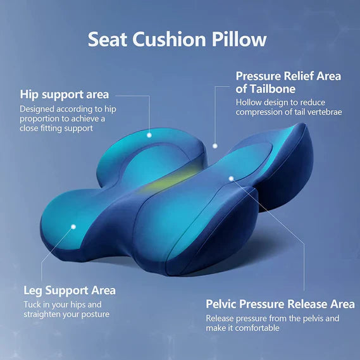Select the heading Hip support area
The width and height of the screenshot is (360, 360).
[x=64, y=94]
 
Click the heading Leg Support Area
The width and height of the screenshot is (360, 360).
[x=70, y=290]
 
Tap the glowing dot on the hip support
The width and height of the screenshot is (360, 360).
[x=150, y=135]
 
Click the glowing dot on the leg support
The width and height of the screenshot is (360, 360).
[x=73, y=225]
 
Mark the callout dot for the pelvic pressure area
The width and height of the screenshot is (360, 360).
[x=232, y=179]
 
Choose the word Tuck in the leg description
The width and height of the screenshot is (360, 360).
[x=32, y=304]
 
